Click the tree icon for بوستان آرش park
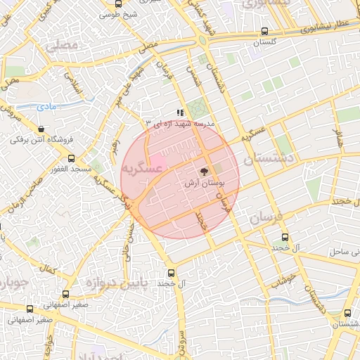pyautogui.click(x=205, y=171)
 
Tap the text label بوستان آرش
pyautogui.click(x=204, y=183)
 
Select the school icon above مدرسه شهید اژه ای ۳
pyautogui.click(x=181, y=112)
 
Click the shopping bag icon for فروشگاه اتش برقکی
pyautogui.click(x=42, y=129)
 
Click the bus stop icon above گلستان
pyautogui.click(x=264, y=32)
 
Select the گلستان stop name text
pyautogui.click(x=265, y=43)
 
